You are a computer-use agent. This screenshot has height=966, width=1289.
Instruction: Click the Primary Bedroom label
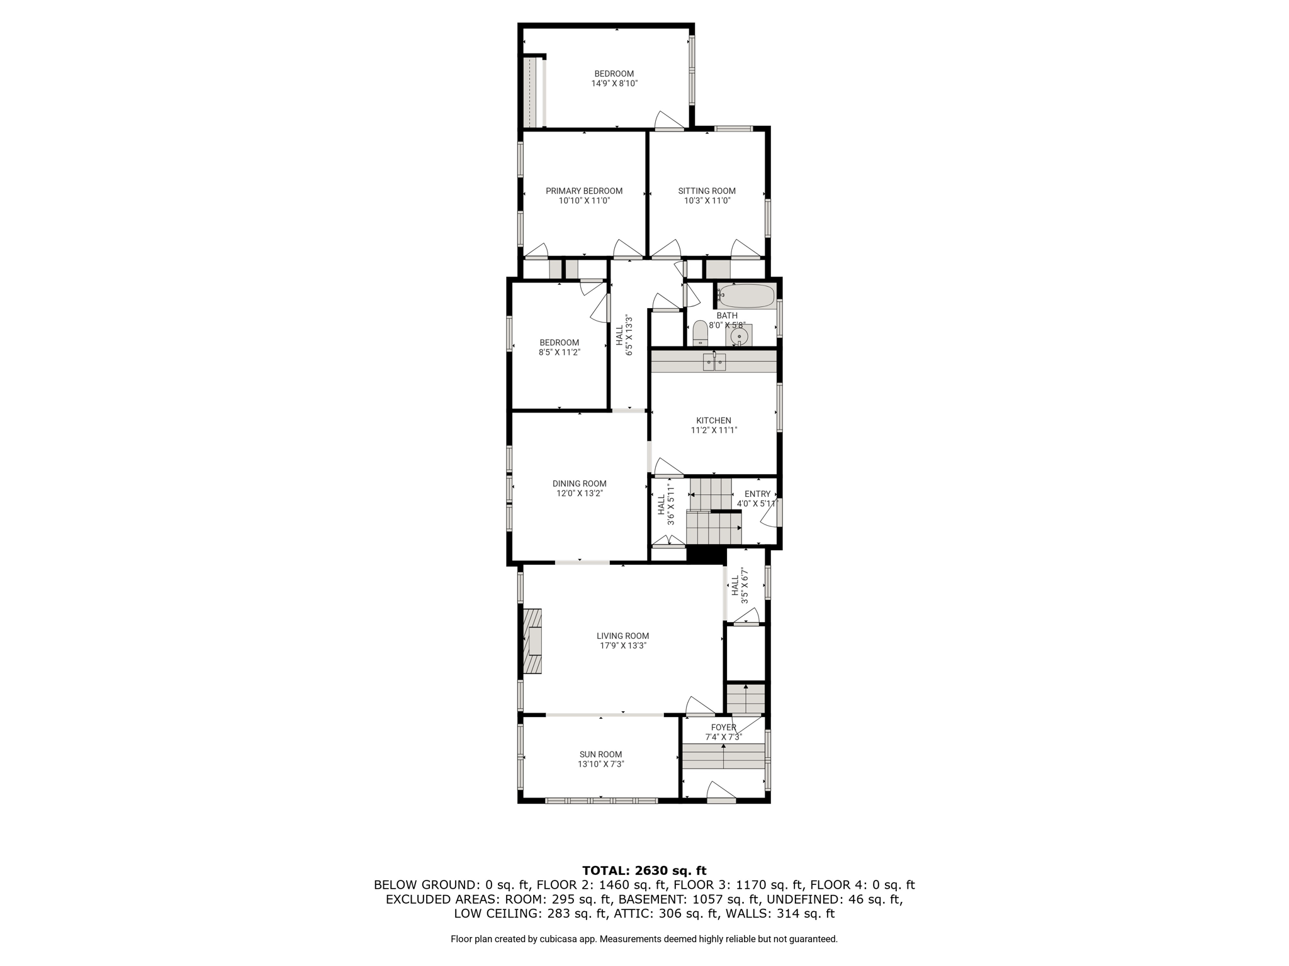click(584, 191)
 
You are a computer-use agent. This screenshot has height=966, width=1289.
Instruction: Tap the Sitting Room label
click(707, 191)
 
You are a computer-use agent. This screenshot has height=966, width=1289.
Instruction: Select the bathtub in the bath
click(746, 296)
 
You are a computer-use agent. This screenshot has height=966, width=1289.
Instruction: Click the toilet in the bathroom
click(701, 333)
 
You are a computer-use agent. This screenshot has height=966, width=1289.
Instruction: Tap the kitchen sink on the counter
click(714, 362)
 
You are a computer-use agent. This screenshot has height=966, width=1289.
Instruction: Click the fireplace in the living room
click(532, 641)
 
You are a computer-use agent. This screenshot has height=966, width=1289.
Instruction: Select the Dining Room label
click(580, 484)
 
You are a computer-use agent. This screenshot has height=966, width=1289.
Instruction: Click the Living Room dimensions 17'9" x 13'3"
click(623, 646)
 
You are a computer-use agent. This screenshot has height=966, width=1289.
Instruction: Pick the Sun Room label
click(600, 755)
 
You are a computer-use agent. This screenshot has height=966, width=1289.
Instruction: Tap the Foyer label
click(723, 728)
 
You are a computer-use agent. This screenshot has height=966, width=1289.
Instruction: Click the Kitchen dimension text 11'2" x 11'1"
click(714, 431)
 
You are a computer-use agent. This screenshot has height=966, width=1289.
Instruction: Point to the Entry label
click(757, 494)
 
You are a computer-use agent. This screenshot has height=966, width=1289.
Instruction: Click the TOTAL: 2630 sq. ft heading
click(644, 871)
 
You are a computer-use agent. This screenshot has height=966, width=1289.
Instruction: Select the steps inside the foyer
click(724, 757)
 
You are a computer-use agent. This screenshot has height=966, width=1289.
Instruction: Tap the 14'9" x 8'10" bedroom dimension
click(614, 84)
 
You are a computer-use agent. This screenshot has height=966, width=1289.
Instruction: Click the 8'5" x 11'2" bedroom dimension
click(559, 353)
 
